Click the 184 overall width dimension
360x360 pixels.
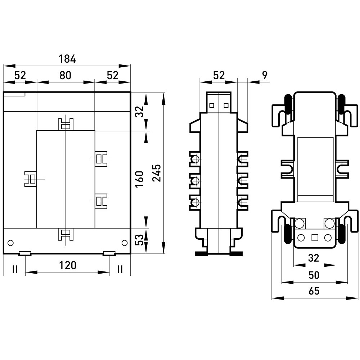pyautogui.click(x=67, y=59)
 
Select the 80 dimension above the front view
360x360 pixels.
pyautogui.click(x=66, y=75)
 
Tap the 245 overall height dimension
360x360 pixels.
pyautogui.click(x=157, y=173)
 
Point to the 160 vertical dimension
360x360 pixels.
pyautogui.click(x=139, y=179)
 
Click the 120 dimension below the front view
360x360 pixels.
pyautogui.click(x=68, y=265)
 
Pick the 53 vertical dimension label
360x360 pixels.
pyautogui.click(x=139, y=240)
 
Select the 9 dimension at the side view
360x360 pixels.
pyautogui.click(x=265, y=75)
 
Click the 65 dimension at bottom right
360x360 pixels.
pyautogui.click(x=314, y=291)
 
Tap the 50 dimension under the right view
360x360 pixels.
pyautogui.click(x=314, y=275)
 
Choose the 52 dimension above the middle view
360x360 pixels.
pyautogui.click(x=219, y=75)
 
